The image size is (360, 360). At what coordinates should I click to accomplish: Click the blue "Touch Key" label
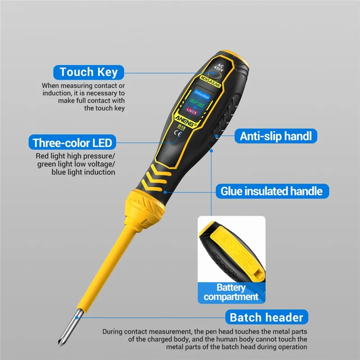pyautogui.click(x=88, y=72)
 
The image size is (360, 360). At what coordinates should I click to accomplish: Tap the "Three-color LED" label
pyautogui.click(x=72, y=143)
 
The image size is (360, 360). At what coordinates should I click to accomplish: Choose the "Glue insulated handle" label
pyautogui.click(x=271, y=191)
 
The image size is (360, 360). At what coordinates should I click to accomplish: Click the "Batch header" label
pyautogui.click(x=266, y=317)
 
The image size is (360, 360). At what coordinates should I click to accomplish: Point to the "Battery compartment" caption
pyautogui.click(x=231, y=292)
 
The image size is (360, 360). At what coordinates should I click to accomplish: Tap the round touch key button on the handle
pyautogui.click(x=210, y=77)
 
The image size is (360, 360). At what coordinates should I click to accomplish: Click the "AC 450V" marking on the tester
pyautogui.click(x=220, y=70)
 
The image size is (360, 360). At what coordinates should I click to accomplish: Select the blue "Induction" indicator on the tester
pyautogui.click(x=202, y=95)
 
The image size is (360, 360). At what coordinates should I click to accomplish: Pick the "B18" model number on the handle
pyautogui.click(x=182, y=127)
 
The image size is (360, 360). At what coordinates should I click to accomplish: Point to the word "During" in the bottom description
pyautogui.click(x=114, y=332)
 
